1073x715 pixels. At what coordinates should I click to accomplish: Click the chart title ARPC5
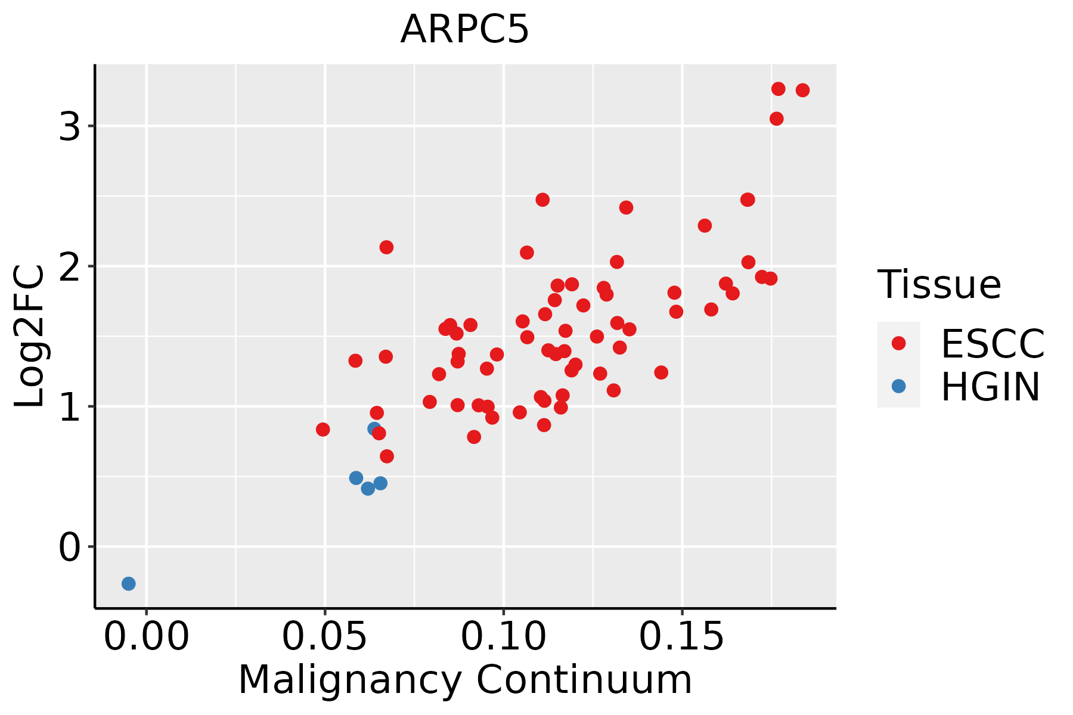tap(464, 30)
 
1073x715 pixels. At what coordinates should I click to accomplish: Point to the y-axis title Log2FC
tap(29, 337)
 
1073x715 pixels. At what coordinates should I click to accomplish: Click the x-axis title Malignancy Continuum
tap(465, 680)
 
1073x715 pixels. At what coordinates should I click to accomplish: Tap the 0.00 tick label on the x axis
tap(146, 637)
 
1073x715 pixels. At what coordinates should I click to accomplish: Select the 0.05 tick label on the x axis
tap(325, 637)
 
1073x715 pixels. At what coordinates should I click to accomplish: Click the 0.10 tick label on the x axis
tap(504, 637)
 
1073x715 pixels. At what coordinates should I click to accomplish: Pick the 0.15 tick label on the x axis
tap(682, 637)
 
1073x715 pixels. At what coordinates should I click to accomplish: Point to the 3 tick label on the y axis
tap(70, 126)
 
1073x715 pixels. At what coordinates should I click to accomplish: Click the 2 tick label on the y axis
tap(70, 266)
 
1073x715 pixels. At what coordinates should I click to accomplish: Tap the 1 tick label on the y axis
tap(70, 407)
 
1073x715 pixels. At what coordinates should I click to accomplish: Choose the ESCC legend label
tap(993, 344)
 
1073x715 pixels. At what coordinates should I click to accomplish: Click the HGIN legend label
tap(990, 387)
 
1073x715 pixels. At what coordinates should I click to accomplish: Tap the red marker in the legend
tap(898, 343)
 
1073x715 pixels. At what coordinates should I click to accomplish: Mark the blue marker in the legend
tap(898, 386)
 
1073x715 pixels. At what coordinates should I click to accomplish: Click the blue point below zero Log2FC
tap(128, 583)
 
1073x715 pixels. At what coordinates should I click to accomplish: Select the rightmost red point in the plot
tap(802, 90)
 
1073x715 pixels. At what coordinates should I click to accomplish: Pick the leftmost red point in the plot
tap(322, 430)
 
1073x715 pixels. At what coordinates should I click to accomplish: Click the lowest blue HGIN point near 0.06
tap(368, 489)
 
